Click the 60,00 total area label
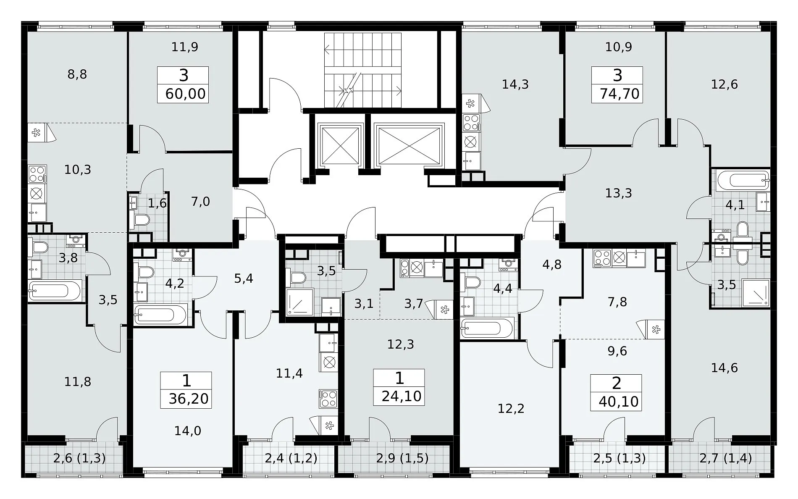186,94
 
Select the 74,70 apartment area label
619,94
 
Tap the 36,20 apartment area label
189,399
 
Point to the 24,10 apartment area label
402,396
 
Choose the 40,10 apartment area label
619,401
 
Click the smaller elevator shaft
341,145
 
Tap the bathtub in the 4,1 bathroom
743,180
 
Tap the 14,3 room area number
515,84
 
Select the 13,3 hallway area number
619,193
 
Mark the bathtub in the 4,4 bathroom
487,329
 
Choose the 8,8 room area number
77,74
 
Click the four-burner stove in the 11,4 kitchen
328,399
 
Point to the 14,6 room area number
724,368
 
